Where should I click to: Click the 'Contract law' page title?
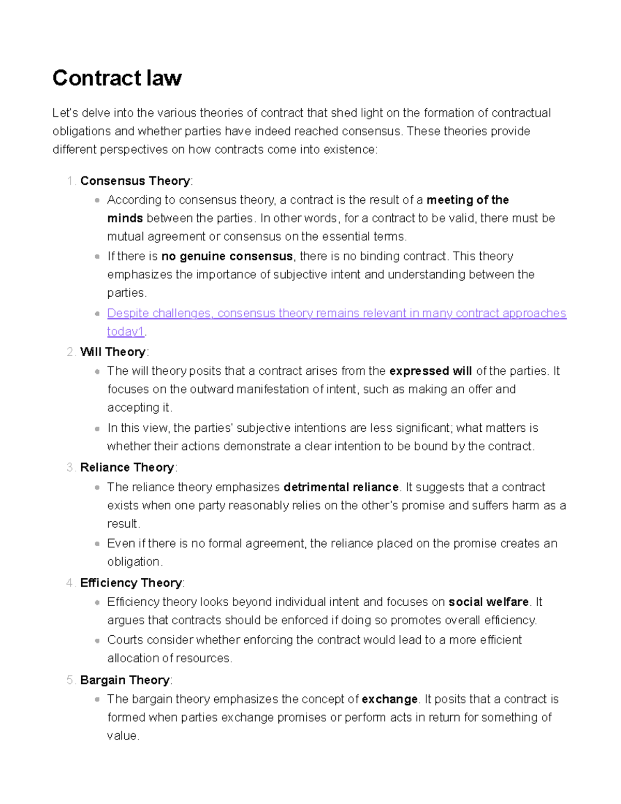click(x=117, y=78)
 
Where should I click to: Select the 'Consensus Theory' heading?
click(x=135, y=181)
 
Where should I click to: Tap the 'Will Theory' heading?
click(x=113, y=352)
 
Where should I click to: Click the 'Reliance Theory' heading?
click(x=127, y=467)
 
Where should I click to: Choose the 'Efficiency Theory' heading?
click(x=131, y=583)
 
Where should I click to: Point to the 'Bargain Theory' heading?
click(x=125, y=680)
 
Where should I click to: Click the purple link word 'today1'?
click(x=125, y=331)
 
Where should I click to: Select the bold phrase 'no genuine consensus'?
click(x=227, y=256)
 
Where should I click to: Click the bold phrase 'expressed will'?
click(x=431, y=371)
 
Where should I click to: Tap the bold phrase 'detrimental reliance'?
click(x=341, y=487)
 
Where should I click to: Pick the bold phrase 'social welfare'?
click(x=489, y=602)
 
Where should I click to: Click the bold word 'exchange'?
click(x=390, y=699)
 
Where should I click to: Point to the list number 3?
click(x=70, y=467)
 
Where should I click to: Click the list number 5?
click(x=70, y=680)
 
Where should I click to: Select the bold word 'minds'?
click(x=125, y=218)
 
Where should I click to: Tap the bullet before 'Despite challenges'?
click(x=97, y=314)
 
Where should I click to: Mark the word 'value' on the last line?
click(x=122, y=736)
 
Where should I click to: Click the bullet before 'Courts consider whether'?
click(x=97, y=640)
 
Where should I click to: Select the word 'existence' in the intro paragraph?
click(x=350, y=150)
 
